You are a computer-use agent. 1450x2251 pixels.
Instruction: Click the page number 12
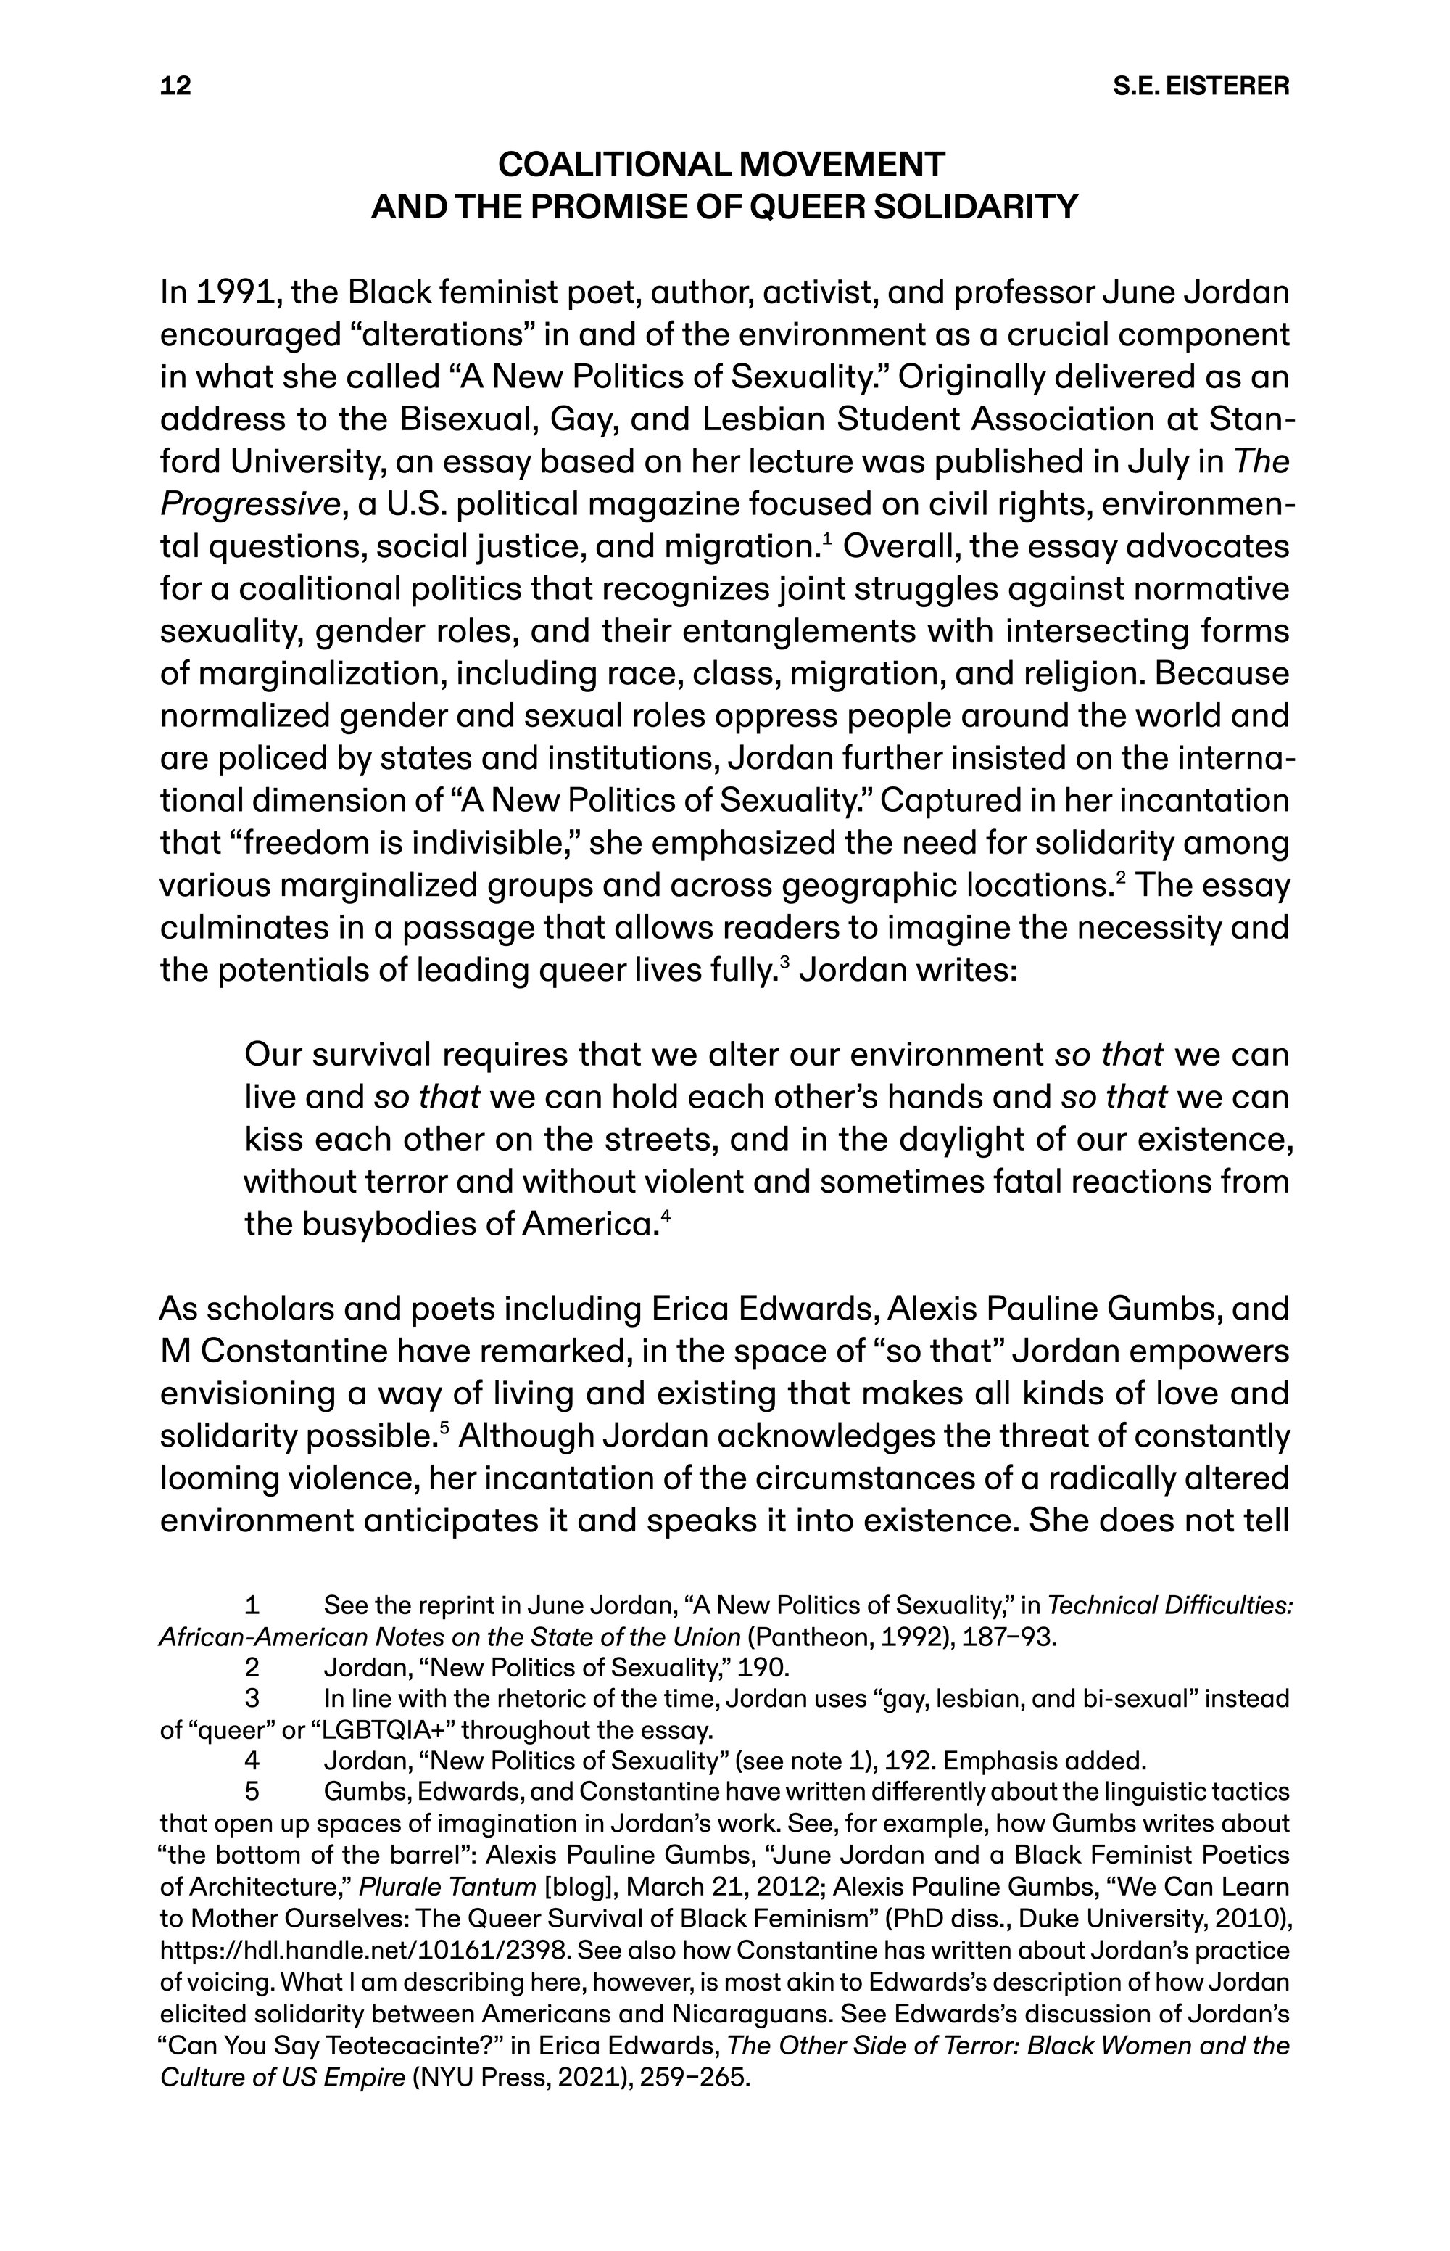176,86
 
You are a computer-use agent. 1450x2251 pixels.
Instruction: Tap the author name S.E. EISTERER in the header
1201,86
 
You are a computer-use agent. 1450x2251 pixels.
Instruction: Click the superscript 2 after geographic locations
1120,878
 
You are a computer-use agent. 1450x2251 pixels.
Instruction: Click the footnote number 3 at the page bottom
252,1698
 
